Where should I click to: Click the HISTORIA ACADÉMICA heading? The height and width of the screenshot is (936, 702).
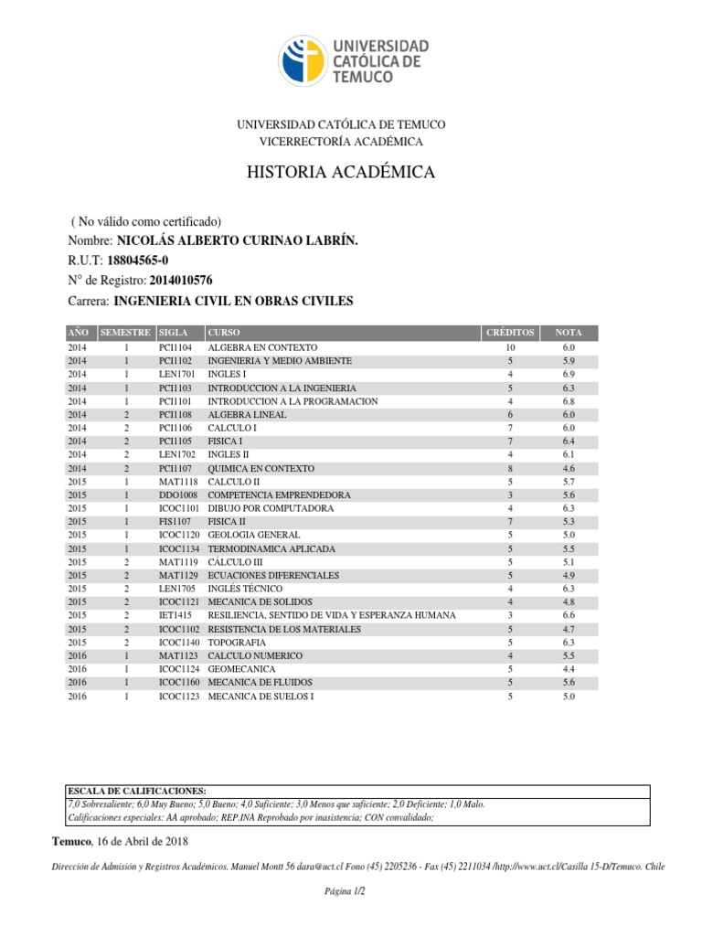tap(341, 173)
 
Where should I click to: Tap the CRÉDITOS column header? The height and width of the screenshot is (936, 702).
tap(510, 332)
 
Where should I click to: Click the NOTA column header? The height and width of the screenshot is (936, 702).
tap(569, 332)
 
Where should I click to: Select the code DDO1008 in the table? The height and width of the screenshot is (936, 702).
tap(178, 495)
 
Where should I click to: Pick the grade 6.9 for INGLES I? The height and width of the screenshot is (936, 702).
tap(569, 375)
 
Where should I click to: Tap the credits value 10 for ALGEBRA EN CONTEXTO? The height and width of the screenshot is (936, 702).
tap(510, 348)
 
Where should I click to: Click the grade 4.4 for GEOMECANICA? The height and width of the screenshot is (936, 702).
tap(569, 669)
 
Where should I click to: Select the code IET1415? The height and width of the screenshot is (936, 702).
tap(175, 616)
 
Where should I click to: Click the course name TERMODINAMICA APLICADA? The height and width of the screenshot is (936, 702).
tap(271, 548)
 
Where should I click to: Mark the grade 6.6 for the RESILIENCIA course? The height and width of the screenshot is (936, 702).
tap(569, 616)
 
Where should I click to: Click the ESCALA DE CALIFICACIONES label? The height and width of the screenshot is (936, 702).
tap(138, 791)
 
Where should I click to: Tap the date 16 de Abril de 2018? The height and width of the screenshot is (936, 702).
tap(142, 841)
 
